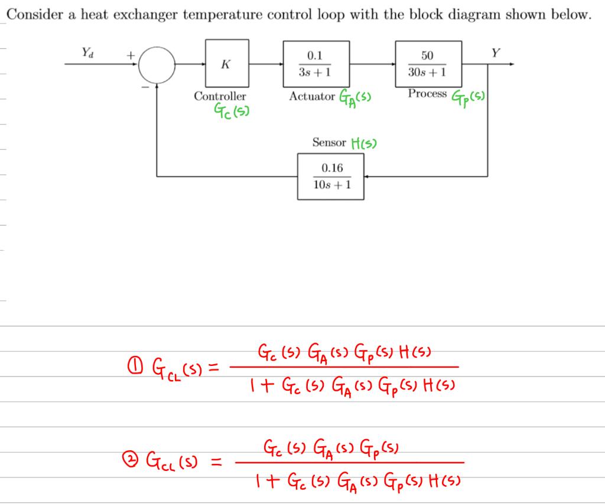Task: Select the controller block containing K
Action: [227, 64]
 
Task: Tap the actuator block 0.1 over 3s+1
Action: [315, 64]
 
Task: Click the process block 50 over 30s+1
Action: [428, 64]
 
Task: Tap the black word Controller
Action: [220, 96]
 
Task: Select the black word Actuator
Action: [312, 96]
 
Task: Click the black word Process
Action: [427, 94]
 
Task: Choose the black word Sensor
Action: [329, 142]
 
